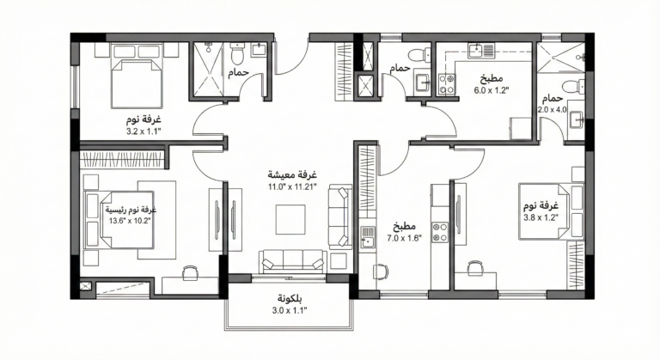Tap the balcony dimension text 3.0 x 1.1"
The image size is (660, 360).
(x=290, y=311)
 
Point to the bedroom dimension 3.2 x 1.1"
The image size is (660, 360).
(x=144, y=131)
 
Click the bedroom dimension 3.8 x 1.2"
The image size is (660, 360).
(x=541, y=217)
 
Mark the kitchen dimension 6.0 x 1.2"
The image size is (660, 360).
(x=492, y=89)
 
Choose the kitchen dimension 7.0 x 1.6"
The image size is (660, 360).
(x=405, y=238)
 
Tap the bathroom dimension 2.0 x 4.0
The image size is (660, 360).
(x=553, y=109)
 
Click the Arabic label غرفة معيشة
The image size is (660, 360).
(x=292, y=174)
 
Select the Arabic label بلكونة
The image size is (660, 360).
(x=290, y=298)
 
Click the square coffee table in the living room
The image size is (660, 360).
(x=290, y=219)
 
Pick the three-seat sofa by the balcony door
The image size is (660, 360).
(x=292, y=261)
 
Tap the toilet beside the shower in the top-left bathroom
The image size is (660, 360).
(x=238, y=53)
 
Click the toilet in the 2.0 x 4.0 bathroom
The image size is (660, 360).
(x=574, y=86)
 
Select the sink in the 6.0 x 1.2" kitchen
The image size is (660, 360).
(x=480, y=51)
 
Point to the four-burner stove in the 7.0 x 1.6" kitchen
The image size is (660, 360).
(x=441, y=233)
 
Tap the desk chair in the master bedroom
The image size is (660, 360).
(x=190, y=273)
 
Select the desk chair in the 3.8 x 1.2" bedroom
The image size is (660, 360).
(x=474, y=268)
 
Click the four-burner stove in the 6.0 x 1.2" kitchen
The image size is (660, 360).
(x=447, y=83)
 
